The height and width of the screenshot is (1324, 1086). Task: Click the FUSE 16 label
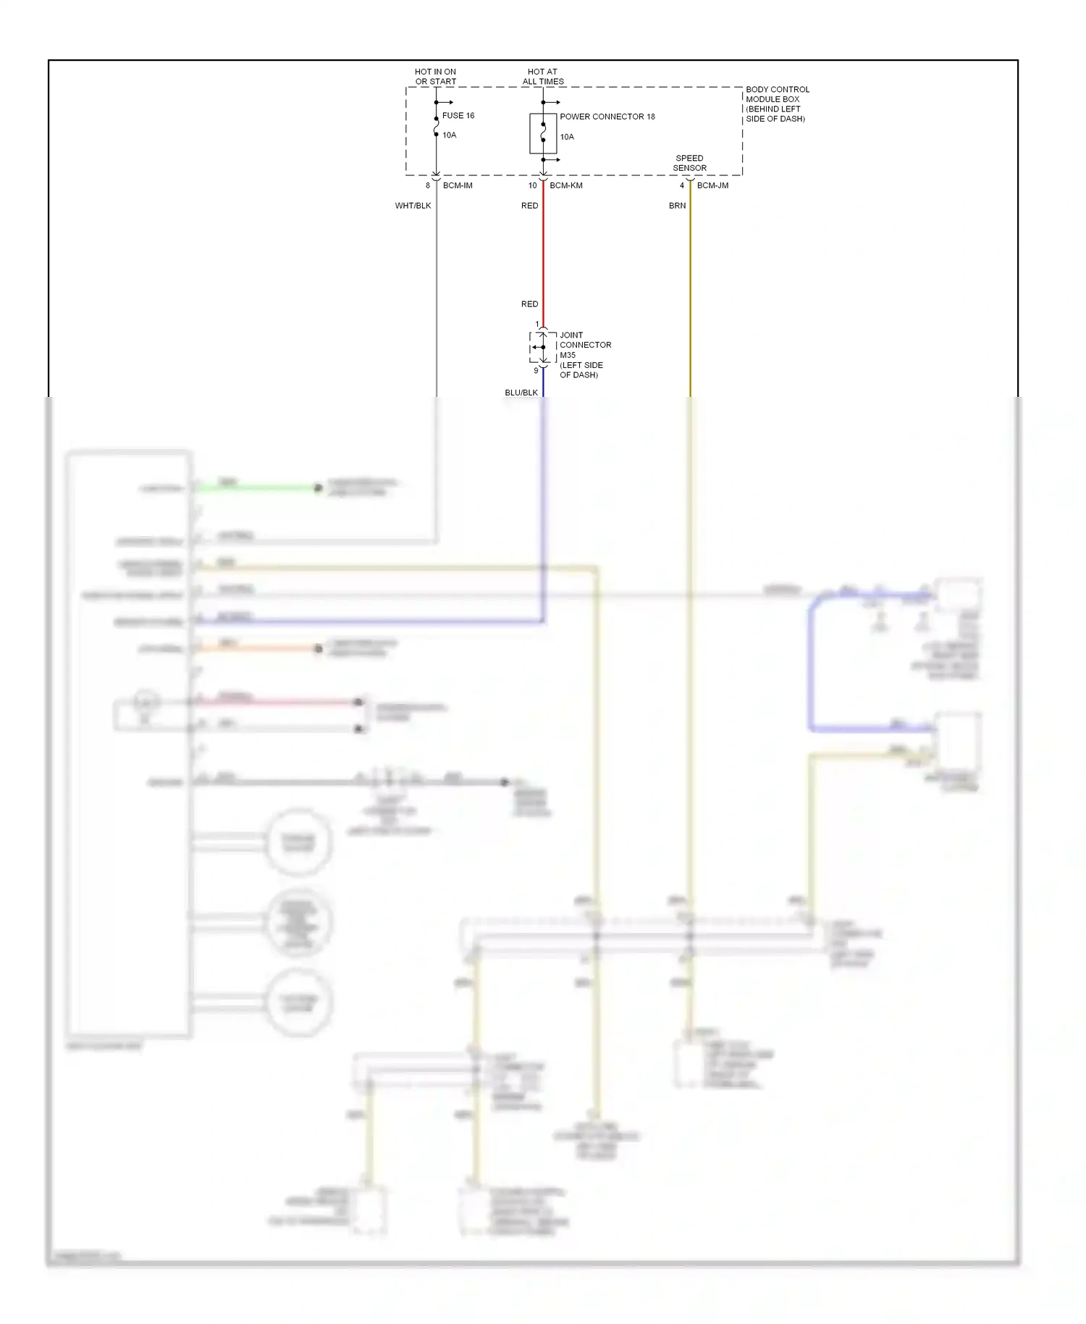(x=458, y=116)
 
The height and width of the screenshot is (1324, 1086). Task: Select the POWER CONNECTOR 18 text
(x=607, y=117)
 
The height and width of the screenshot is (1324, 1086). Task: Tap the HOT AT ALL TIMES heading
(x=543, y=77)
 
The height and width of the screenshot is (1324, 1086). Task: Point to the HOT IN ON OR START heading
(x=435, y=77)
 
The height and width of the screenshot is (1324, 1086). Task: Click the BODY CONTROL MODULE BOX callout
(x=777, y=104)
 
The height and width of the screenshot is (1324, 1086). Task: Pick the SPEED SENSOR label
(x=689, y=163)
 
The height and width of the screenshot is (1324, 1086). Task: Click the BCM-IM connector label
(x=458, y=186)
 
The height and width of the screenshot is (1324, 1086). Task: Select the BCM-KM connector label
(x=565, y=186)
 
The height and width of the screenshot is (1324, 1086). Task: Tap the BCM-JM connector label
(x=712, y=186)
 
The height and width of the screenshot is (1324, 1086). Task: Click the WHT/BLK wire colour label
(x=413, y=206)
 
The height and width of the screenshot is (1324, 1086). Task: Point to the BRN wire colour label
(x=677, y=206)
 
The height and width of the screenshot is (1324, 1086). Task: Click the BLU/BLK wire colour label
(x=521, y=393)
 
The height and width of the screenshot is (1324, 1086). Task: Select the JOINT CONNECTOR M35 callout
(x=584, y=355)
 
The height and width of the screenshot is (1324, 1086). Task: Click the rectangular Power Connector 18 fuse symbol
(x=543, y=133)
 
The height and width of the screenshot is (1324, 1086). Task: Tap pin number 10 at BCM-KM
(x=532, y=186)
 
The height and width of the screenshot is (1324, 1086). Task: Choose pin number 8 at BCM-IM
(x=427, y=186)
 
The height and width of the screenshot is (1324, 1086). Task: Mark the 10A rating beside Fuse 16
(x=449, y=135)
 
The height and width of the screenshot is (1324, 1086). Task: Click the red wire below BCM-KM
(x=543, y=254)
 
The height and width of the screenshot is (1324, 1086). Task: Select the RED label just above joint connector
(x=529, y=304)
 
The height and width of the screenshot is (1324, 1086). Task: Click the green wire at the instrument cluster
(x=261, y=487)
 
